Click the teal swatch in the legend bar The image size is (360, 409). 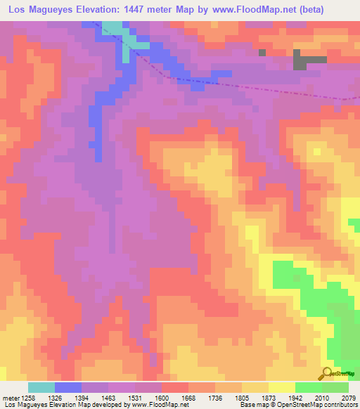41,387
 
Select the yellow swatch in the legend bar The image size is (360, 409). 282,387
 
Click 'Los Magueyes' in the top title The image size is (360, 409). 41,11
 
